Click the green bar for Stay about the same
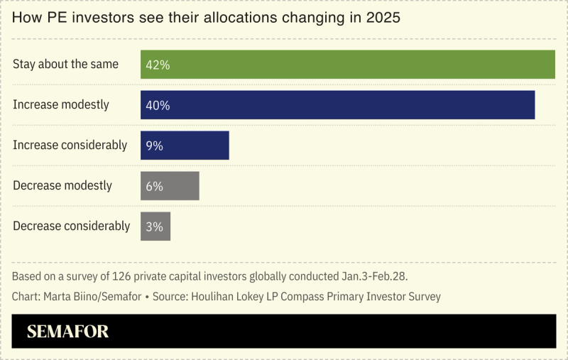tap(348, 65)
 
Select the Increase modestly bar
tap(337, 105)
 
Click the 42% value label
tap(157, 65)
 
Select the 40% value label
tap(157, 105)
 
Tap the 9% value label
tap(154, 146)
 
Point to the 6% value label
tap(154, 186)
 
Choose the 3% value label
tap(154, 227)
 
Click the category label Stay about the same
tap(65, 65)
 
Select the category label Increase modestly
tap(61, 105)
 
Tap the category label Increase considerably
tap(70, 146)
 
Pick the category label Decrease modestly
tap(62, 186)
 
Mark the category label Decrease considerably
tap(71, 227)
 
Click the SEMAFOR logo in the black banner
tap(67, 332)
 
